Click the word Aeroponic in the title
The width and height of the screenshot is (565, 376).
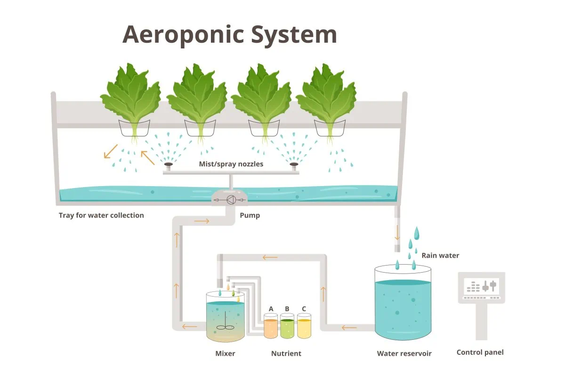[183, 35]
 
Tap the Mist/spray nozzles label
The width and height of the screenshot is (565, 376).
[231, 164]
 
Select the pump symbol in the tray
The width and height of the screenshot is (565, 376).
[231, 200]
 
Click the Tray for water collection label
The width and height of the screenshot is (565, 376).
[101, 215]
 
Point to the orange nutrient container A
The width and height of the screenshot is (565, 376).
[271, 326]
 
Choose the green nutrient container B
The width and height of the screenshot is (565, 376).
[287, 326]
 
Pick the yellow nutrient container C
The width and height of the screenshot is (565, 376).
[304, 326]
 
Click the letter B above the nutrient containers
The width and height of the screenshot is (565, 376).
[287, 309]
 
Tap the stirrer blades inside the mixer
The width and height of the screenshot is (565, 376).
[225, 328]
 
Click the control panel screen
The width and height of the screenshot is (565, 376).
[482, 286]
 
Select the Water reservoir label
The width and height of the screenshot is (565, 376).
[404, 353]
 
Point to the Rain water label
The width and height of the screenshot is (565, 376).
[440, 256]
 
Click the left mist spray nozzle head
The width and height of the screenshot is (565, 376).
[169, 164]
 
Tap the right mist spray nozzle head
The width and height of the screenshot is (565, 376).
[294, 164]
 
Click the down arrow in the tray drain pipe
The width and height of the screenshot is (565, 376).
[397, 232]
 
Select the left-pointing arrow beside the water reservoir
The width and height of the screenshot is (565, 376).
[349, 328]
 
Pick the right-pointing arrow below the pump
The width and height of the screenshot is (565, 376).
[202, 221]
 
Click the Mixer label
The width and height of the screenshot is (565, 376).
[225, 353]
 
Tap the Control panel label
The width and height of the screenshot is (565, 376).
[480, 352]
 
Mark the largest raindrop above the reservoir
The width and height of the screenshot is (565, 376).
[416, 233]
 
